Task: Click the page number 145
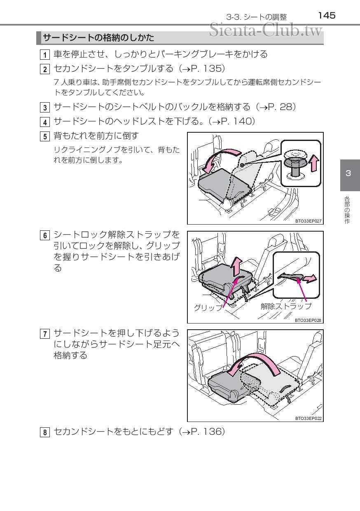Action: pos(327,16)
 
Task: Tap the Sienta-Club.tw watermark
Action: pos(266,30)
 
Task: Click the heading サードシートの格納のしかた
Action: pos(98,38)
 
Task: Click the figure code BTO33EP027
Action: pos(309,221)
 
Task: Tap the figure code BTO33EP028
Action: pos(309,320)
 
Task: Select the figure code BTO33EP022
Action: pos(309,419)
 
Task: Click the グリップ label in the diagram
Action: pos(208,307)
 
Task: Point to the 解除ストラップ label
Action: pos(286,306)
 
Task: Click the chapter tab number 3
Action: pos(348,173)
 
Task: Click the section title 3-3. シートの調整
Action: pos(256,17)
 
